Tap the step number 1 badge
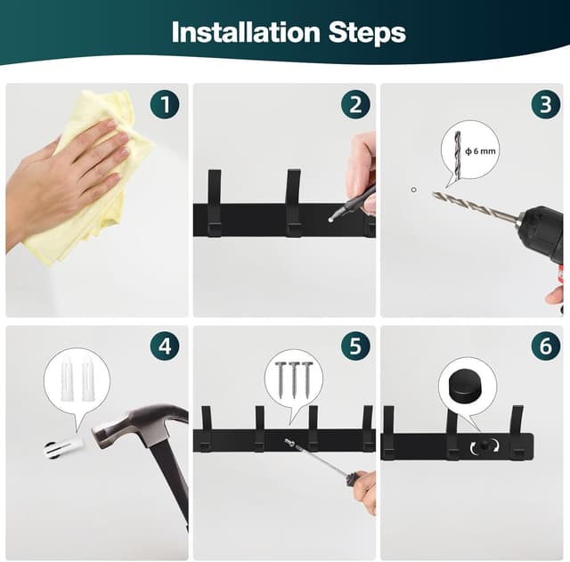tap(165, 104)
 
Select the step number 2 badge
tap(355, 104)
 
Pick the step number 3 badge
tap(545, 104)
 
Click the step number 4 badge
tap(165, 345)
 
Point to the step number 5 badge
tap(355, 345)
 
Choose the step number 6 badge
tap(545, 345)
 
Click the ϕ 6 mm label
tap(480, 151)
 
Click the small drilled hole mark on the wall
tap(413, 189)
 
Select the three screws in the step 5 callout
tap(294, 378)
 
